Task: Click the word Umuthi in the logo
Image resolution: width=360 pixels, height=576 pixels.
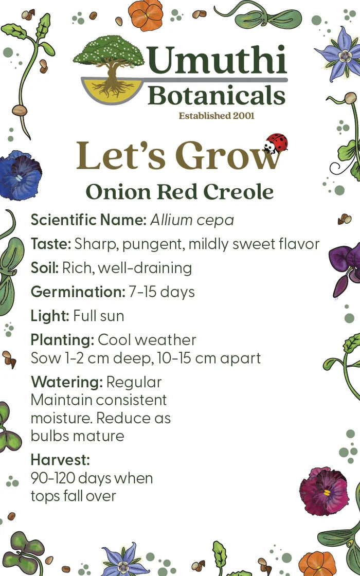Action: tap(217, 61)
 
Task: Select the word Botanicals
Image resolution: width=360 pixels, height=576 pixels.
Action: tap(217, 96)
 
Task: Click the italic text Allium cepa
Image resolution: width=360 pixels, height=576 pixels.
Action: tap(192, 220)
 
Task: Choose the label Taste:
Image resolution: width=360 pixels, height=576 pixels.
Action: tap(51, 244)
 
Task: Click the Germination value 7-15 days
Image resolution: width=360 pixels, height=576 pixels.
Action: tap(162, 292)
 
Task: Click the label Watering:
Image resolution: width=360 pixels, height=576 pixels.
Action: tap(66, 382)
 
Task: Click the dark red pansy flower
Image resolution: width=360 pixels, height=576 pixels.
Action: tap(323, 490)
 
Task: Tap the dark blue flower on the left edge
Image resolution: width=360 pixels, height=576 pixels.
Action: tap(20, 175)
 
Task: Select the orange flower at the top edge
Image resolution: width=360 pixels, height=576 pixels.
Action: tap(146, 14)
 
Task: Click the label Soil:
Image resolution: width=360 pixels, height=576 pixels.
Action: tap(45, 267)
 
